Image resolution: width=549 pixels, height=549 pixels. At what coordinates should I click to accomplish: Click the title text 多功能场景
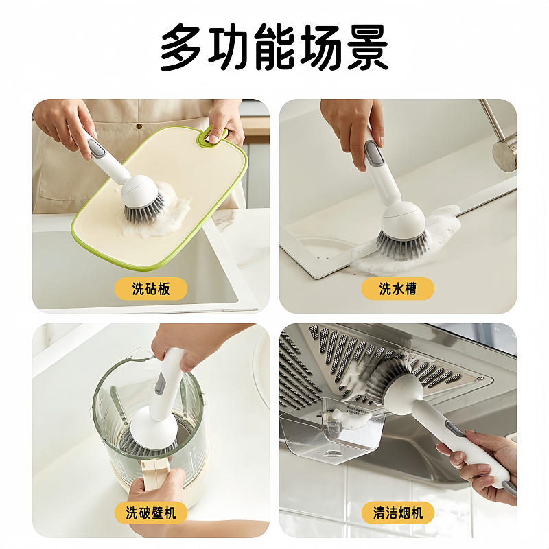[x=274, y=47]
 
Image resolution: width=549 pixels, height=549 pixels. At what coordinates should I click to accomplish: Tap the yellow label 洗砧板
[x=150, y=288]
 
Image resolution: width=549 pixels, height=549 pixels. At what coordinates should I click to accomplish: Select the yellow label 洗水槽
[x=398, y=288]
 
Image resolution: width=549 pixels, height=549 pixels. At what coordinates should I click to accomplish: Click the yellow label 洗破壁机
[x=151, y=513]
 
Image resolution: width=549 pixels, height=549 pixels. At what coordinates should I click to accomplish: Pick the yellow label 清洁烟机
[x=398, y=513]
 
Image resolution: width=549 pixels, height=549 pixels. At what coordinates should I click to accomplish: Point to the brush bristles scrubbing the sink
[x=401, y=242]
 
